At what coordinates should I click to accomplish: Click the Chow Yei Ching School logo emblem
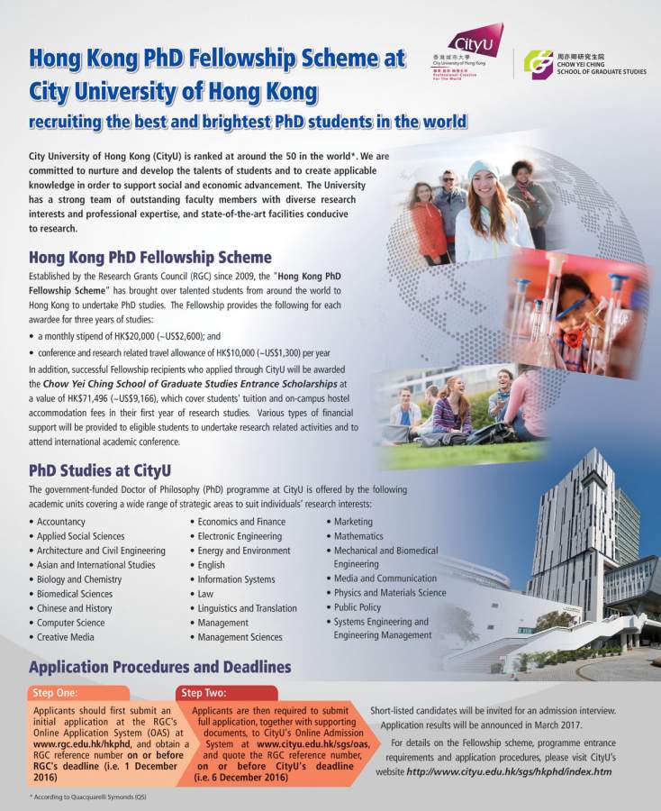[539, 64]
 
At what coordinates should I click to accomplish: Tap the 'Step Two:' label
[204, 693]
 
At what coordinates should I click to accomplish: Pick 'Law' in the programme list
[205, 594]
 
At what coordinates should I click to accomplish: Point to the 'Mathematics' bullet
[358, 536]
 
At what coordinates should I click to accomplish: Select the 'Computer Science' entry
[70, 623]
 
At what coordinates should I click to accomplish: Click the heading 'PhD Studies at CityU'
[100, 470]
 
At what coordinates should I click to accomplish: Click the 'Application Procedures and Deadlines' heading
[160, 668]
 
